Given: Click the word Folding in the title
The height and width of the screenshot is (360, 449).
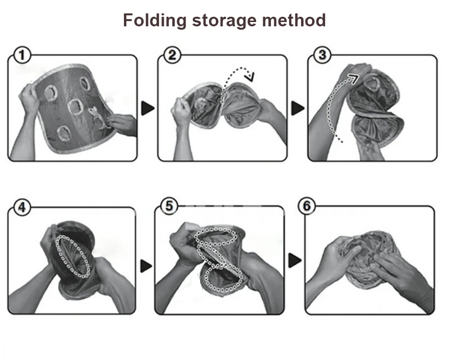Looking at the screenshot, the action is (x=154, y=21).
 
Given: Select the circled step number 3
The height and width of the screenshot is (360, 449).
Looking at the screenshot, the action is (x=322, y=56).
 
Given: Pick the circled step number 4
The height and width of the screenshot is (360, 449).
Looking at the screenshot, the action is (x=21, y=207).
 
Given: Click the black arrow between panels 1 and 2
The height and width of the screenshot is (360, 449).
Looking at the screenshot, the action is (x=148, y=109).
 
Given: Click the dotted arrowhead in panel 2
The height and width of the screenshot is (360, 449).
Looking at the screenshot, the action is (x=249, y=76).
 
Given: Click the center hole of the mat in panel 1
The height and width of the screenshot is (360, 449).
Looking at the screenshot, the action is (x=76, y=105).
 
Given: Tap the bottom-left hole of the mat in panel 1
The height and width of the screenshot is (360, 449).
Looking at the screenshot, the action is (x=63, y=133).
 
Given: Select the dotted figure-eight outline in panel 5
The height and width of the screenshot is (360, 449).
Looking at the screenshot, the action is (x=215, y=261).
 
